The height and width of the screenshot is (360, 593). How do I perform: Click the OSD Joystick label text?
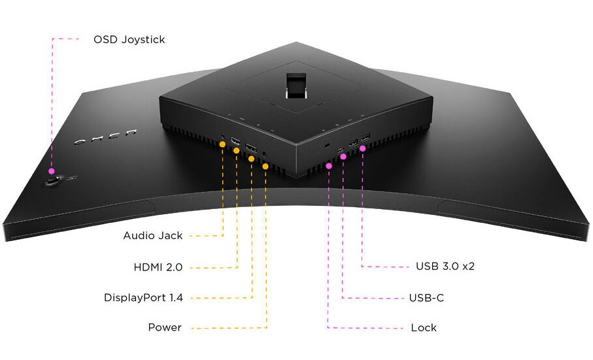tap(129, 40)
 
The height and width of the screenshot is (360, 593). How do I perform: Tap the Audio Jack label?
tap(153, 235)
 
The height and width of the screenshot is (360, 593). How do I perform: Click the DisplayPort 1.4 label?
tap(143, 298)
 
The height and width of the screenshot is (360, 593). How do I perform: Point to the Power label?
tap(165, 327)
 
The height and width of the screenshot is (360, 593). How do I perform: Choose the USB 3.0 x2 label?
tap(445, 267)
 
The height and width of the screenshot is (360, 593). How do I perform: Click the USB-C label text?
tap(426, 298)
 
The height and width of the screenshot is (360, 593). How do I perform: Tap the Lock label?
tap(424, 327)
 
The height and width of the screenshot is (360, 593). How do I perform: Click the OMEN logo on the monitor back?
tap(104, 137)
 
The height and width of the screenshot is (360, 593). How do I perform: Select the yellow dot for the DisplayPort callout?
tap(252, 158)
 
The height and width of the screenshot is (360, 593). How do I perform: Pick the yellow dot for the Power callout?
tap(265, 166)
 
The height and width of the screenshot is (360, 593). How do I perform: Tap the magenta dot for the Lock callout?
tap(329, 166)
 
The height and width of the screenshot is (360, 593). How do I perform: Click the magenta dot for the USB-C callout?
tap(344, 157)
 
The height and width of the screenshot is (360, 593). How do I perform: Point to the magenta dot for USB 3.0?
tap(363, 148)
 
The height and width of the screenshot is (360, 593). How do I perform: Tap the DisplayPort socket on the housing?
tap(250, 147)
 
